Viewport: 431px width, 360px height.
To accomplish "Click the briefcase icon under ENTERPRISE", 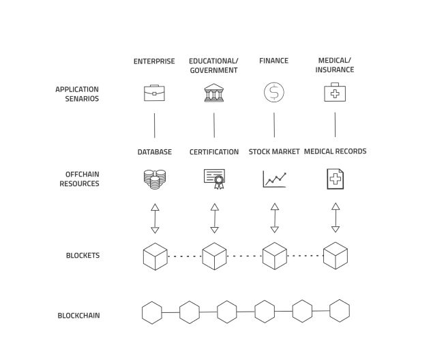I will [154, 93].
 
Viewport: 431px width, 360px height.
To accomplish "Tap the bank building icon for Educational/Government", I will [214, 93].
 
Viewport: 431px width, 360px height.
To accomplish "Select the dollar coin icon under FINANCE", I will [273, 92].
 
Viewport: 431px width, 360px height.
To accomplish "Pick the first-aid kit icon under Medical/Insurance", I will [334, 92].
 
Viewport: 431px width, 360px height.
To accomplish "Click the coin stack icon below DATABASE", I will [154, 179].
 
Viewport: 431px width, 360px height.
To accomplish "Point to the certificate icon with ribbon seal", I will [214, 179].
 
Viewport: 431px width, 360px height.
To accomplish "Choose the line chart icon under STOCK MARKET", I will [274, 179].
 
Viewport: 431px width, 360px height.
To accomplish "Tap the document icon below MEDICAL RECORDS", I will [335, 179].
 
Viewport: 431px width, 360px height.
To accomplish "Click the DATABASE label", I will [154, 152].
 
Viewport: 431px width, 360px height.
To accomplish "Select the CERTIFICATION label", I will [214, 152].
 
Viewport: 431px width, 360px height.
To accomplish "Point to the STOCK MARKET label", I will [274, 152].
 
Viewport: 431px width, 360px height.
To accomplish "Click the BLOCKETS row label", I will [83, 256].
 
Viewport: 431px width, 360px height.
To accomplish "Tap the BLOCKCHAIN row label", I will [78, 316].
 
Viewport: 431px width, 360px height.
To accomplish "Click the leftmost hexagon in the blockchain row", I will [152, 312].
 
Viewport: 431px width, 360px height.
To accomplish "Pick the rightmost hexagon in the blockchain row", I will [340, 311].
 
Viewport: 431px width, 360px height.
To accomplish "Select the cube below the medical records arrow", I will [335, 256].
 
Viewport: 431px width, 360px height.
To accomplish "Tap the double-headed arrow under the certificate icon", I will [214, 217].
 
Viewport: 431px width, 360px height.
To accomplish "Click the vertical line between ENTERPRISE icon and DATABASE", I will [154, 125].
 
